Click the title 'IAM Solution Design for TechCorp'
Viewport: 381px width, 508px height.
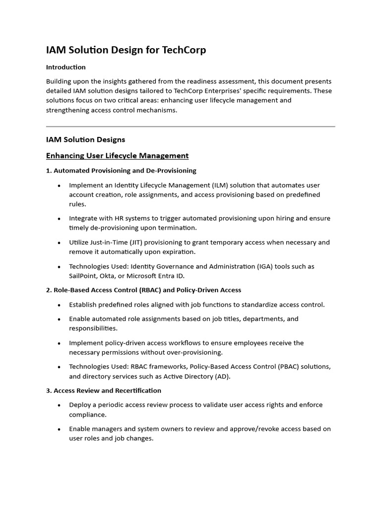[x=126, y=50]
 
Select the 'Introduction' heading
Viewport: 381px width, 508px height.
[x=66, y=67]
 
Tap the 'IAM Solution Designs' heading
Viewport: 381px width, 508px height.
[x=85, y=139]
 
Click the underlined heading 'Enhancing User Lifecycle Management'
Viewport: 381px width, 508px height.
[x=117, y=156]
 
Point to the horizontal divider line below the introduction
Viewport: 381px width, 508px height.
[x=190, y=127]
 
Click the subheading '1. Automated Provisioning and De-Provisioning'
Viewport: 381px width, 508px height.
[x=121, y=171]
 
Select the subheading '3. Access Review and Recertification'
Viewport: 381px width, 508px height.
[x=104, y=390]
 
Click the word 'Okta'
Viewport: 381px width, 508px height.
[x=112, y=276]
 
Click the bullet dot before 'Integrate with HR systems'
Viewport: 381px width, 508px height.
[x=59, y=219]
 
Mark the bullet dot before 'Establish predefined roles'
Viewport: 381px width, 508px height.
[x=59, y=305]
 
